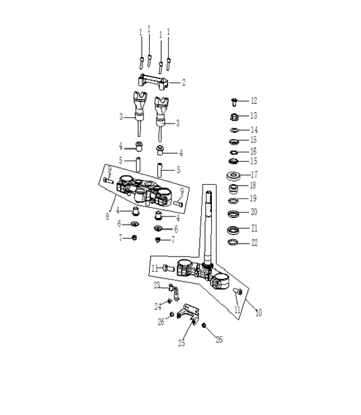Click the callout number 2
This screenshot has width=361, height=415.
click(x=184, y=82)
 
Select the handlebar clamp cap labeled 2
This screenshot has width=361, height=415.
click(x=152, y=82)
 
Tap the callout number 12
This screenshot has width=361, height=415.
click(x=254, y=101)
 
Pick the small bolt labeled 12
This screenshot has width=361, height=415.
click(x=234, y=102)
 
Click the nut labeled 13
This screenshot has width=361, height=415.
click(x=234, y=117)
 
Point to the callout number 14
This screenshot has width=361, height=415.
click(x=254, y=130)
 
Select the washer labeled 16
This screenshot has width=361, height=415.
click(x=233, y=153)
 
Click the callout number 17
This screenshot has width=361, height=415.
click(x=254, y=175)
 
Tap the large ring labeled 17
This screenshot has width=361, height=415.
click(x=233, y=175)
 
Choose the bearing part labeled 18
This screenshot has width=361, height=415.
click(x=233, y=189)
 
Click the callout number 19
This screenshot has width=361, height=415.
click(x=253, y=198)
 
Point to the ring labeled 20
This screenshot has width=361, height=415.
click(x=233, y=214)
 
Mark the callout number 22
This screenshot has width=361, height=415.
click(x=254, y=243)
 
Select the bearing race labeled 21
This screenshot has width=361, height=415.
click(x=233, y=229)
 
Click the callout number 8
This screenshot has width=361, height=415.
click(x=107, y=217)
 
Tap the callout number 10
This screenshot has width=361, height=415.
click(x=258, y=313)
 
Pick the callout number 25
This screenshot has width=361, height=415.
click(x=182, y=343)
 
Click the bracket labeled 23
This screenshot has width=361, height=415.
click(x=174, y=292)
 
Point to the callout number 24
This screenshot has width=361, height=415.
click(x=158, y=306)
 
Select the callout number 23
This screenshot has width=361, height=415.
click(x=157, y=285)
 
